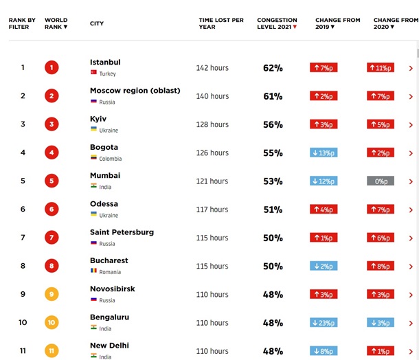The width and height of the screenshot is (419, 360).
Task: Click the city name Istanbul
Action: click(105, 63)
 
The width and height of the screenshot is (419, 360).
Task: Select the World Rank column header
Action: click(56, 23)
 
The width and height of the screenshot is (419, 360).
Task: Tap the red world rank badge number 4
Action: click(52, 153)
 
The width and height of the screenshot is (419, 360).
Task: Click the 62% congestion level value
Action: click(273, 68)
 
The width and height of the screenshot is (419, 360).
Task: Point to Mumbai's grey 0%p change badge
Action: click(380, 181)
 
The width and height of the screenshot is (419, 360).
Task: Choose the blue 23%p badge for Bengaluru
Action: click(324, 323)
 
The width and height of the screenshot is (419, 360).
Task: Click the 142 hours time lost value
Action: click(212, 68)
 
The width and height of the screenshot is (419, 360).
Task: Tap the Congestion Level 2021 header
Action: click(278, 23)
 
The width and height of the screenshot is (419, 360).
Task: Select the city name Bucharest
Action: click(109, 261)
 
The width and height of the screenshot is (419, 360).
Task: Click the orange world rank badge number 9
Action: click(52, 294)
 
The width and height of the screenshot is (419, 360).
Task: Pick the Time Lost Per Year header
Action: click(221, 23)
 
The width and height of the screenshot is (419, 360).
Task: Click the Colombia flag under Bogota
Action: click(93, 158)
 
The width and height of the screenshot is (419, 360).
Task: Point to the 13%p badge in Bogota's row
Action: click(324, 153)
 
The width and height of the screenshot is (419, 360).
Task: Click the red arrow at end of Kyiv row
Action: click(411, 124)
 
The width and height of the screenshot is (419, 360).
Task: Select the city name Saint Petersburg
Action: click(122, 232)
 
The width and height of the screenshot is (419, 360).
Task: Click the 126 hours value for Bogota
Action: click(212, 153)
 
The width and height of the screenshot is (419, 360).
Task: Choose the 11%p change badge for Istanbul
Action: click(380, 68)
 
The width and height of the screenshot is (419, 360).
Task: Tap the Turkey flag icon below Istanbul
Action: click(93, 73)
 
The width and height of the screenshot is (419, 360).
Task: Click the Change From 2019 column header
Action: click(337, 23)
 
